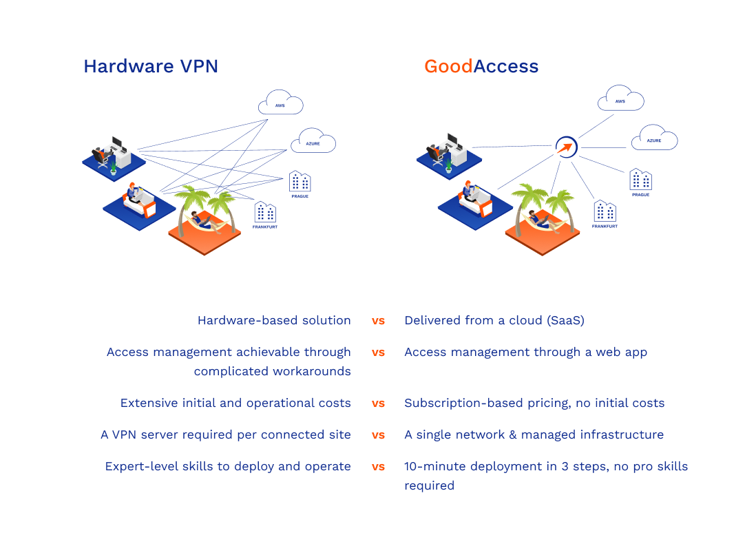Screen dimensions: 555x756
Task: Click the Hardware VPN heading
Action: point(150,66)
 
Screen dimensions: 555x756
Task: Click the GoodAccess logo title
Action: point(481,66)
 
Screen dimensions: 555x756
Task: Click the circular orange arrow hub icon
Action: point(566,147)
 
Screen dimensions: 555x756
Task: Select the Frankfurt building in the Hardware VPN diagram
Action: point(265,213)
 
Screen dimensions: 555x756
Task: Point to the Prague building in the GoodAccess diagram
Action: point(640,180)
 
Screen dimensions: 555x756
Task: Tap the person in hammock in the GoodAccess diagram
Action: point(540,220)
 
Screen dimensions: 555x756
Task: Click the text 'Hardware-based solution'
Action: point(274,320)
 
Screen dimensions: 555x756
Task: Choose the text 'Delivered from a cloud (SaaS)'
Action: point(494,320)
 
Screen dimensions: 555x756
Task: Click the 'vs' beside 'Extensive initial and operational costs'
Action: point(378,404)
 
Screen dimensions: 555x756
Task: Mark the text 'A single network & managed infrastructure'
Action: point(534,434)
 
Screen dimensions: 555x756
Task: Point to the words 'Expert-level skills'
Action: point(152,466)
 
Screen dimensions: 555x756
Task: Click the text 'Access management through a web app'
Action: point(525,352)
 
